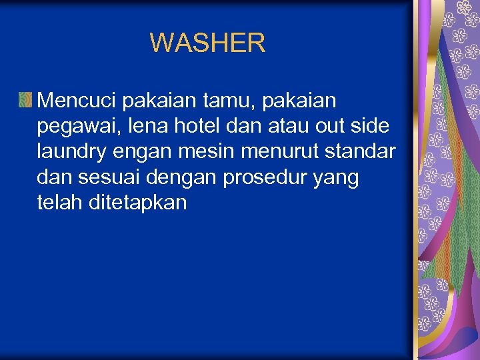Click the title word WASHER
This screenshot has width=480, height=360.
(x=207, y=43)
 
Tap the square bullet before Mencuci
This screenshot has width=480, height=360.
(x=25, y=101)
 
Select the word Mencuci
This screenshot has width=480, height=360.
(x=78, y=101)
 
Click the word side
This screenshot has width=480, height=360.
(x=372, y=126)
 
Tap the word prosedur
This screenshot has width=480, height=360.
(x=260, y=178)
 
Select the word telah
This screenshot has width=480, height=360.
(x=60, y=203)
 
